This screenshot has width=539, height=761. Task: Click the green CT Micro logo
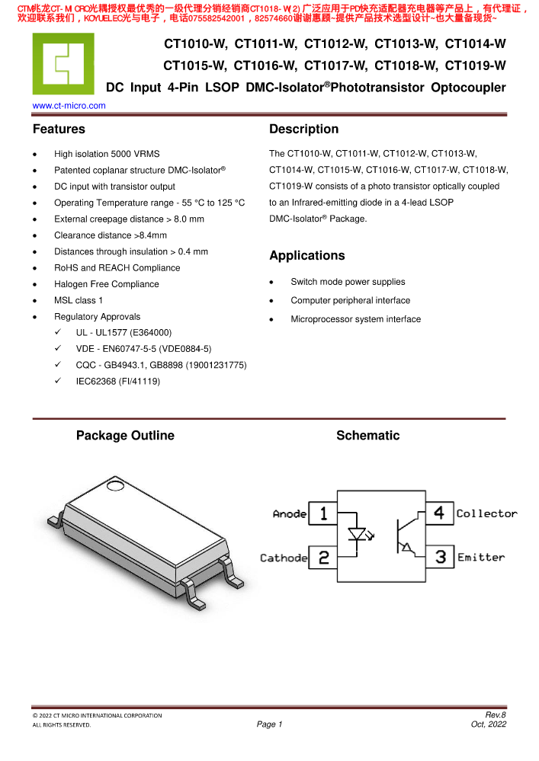[x=63, y=64]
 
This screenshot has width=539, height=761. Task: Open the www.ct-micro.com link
[x=69, y=106]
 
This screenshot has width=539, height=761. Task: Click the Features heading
[x=59, y=129]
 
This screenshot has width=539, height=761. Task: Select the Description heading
[x=303, y=129]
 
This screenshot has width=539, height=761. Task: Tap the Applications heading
[x=306, y=256]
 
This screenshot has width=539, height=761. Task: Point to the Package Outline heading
[x=125, y=436]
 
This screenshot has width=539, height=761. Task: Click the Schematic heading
[x=367, y=436]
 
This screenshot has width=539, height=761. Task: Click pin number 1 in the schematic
[x=323, y=513]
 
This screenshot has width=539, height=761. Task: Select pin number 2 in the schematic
[x=323, y=558]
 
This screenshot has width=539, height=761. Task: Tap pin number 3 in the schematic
[x=440, y=558]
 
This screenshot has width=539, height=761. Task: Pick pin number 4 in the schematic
[x=440, y=513]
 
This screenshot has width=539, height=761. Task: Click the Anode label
[x=290, y=514]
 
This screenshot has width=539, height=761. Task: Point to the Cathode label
[x=284, y=558]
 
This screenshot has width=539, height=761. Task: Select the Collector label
[x=486, y=514]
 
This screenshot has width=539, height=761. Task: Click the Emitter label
[x=481, y=558]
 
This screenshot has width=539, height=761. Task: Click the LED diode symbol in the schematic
[x=356, y=534]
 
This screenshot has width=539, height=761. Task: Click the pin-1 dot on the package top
[x=116, y=485]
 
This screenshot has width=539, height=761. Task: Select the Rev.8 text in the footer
[x=496, y=715]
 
